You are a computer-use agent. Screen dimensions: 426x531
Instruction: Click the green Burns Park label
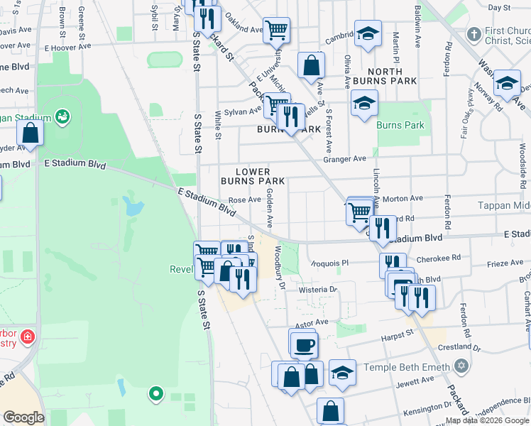400,126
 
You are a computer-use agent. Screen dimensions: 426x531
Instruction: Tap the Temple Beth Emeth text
407,367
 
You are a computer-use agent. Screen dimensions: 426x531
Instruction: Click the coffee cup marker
305,345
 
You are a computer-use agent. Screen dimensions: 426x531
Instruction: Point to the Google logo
23,417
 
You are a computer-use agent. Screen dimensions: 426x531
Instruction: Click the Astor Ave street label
312,322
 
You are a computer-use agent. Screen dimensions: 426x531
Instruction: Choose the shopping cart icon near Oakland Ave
276,31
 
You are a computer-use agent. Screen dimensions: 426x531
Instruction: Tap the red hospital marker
28,336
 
